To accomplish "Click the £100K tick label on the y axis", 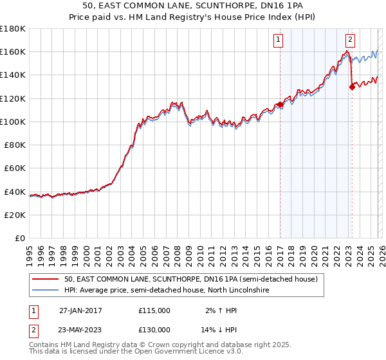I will coord(12,122).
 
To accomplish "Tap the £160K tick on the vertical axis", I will coord(12,51).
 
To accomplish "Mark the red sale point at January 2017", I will coord(280,104).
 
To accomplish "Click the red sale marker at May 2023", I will coord(352,87).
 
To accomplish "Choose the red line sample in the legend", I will coord(46,280).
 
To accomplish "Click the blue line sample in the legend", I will coord(46,291).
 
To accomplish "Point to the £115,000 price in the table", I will coord(154,310).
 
